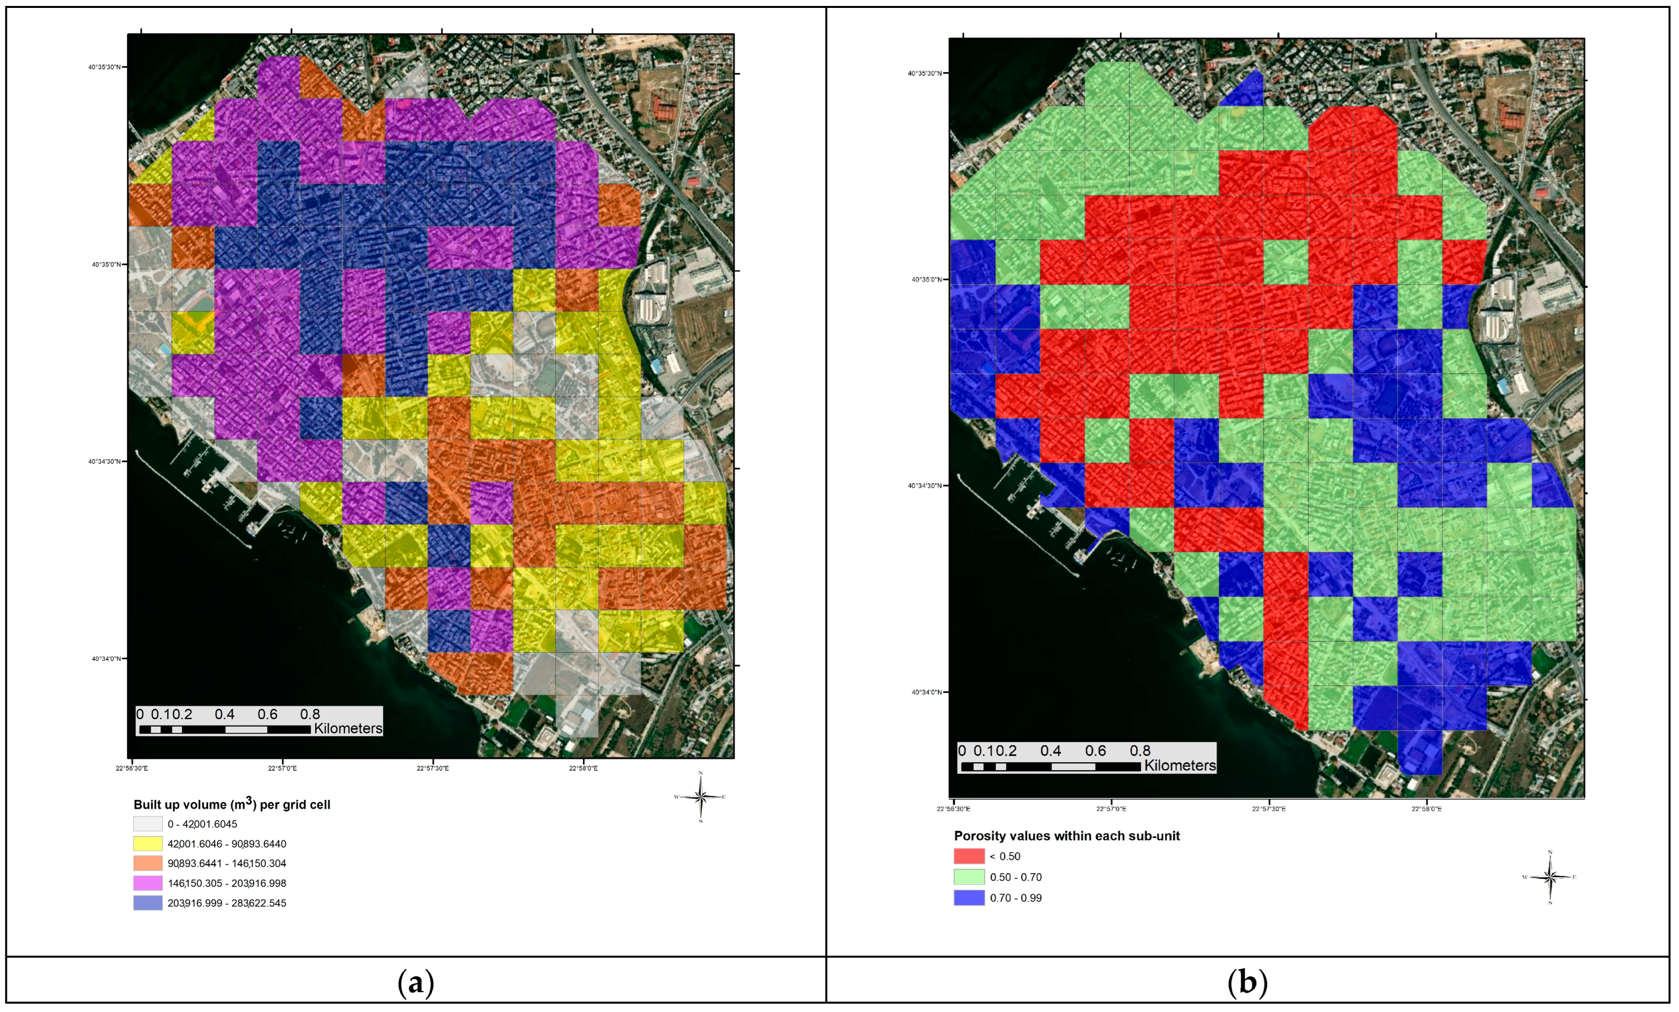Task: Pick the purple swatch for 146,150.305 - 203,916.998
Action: tap(148, 883)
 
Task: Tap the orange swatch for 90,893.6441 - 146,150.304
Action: tap(148, 863)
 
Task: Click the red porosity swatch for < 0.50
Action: tap(969, 856)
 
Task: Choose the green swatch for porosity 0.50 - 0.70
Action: tap(969, 877)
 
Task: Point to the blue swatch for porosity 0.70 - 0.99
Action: tap(969, 898)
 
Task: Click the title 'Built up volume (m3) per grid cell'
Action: tap(232, 804)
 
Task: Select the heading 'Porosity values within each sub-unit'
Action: tap(1066, 836)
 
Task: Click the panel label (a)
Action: tap(416, 982)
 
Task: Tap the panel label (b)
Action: tap(1247, 982)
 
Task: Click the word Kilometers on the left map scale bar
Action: tap(347, 729)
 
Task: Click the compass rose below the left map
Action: tap(700, 796)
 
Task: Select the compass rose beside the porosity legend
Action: tap(1550, 877)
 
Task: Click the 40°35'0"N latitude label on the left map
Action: tap(106, 264)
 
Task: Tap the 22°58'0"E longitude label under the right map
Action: tap(1426, 809)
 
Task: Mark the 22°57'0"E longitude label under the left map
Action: tap(282, 768)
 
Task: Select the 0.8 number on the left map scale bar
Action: tap(310, 714)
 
